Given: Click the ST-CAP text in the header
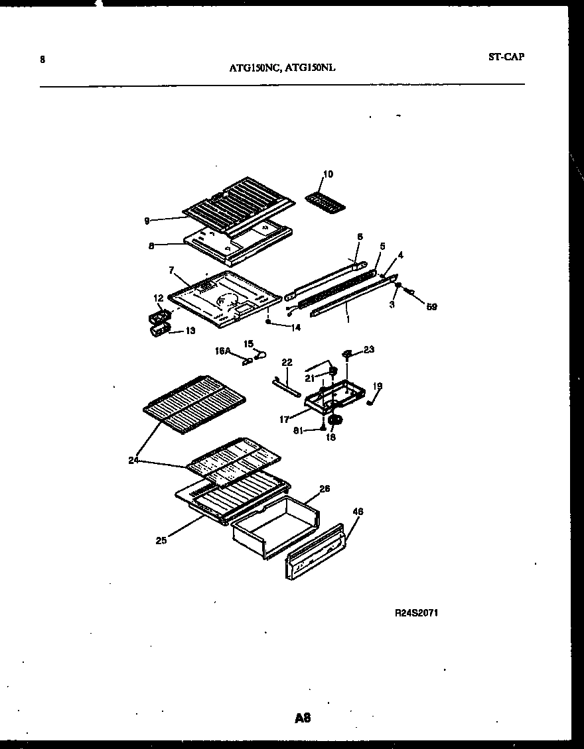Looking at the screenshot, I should coord(506,57).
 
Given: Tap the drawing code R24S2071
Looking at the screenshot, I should coord(416,613).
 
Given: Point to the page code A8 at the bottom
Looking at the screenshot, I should coord(303,718).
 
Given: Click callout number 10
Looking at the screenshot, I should coord(328,174).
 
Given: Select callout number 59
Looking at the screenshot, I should coord(431,307).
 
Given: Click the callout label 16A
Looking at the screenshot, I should coord(222,352).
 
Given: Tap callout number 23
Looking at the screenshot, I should coord(369,349).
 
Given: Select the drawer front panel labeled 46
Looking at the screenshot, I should coord(315,553).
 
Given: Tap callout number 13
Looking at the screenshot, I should coord(190,330).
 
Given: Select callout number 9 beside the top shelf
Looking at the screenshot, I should coord(147,221).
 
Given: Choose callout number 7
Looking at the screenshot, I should coord(171,270).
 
